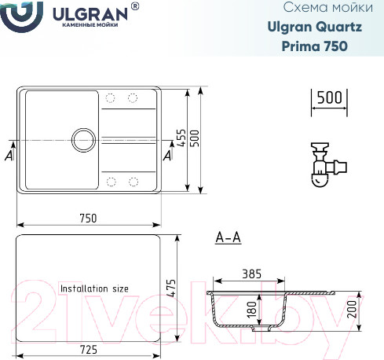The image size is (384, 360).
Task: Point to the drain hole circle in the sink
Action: pos(82,141)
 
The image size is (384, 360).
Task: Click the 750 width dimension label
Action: pos(88,218)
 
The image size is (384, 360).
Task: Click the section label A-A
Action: pos(227,237)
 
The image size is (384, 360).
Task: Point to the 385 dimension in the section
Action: pos(252,274)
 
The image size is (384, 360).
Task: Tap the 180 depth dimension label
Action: pos(252,310)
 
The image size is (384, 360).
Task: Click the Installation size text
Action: pos(94,288)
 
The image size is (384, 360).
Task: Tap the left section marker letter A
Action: pos(8,156)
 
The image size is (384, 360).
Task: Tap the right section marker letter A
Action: pos(166,156)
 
